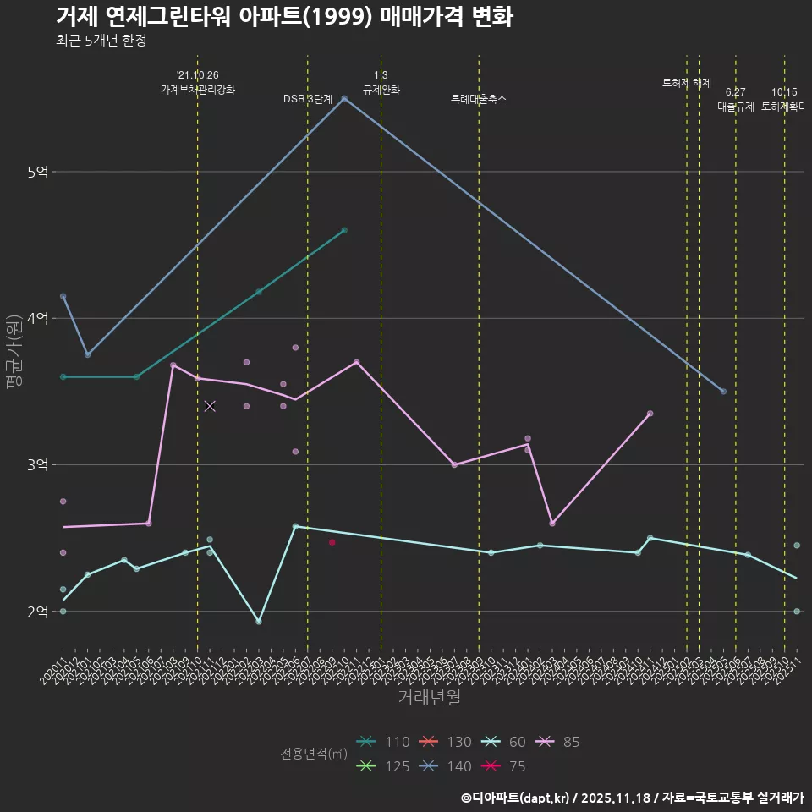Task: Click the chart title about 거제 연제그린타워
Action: coord(284,17)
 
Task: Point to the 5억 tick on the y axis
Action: coord(37,172)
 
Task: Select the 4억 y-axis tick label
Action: coord(37,318)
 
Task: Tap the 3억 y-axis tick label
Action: coord(37,465)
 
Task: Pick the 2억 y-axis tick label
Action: coord(37,612)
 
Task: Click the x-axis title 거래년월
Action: coord(429,698)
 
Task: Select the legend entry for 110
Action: coord(385,743)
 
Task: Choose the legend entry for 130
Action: coord(447,743)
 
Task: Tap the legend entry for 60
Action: coord(505,743)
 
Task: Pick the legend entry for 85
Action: coord(558,743)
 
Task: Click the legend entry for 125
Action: coord(385,767)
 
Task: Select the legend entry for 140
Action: coord(447,767)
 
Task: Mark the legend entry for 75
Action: coord(505,767)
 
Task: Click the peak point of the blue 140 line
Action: coord(344,99)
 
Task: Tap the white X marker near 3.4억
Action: coord(210,406)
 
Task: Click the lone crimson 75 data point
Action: coord(332,542)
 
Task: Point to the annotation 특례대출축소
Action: coord(479,99)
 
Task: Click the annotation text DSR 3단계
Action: coord(308,99)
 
